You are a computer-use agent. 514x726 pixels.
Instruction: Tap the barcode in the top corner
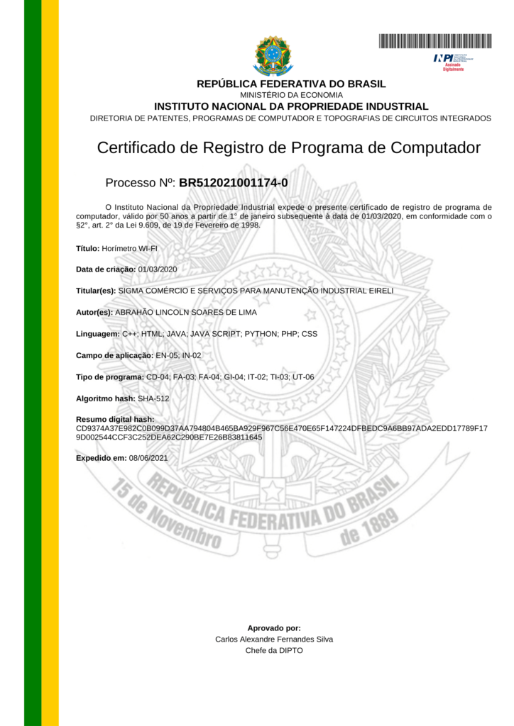click(x=435, y=41)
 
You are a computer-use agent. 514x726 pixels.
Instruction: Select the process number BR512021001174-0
click(x=234, y=183)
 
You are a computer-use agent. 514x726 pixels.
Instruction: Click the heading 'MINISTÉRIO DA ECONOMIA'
click(x=291, y=95)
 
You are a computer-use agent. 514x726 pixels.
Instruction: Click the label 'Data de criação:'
click(x=106, y=269)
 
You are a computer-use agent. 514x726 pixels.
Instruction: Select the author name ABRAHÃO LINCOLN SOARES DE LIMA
click(x=186, y=312)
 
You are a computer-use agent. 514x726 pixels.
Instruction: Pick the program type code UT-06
click(x=303, y=376)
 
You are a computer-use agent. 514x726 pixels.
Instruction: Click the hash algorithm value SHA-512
click(x=153, y=398)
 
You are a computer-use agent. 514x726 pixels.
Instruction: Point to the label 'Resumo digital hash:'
click(x=115, y=420)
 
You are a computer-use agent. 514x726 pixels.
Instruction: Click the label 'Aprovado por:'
click(x=274, y=628)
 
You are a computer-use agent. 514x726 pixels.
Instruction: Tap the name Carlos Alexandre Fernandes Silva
click(x=274, y=639)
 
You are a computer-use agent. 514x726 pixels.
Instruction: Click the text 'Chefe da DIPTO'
click(x=274, y=650)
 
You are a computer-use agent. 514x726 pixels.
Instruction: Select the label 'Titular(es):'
click(x=96, y=291)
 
